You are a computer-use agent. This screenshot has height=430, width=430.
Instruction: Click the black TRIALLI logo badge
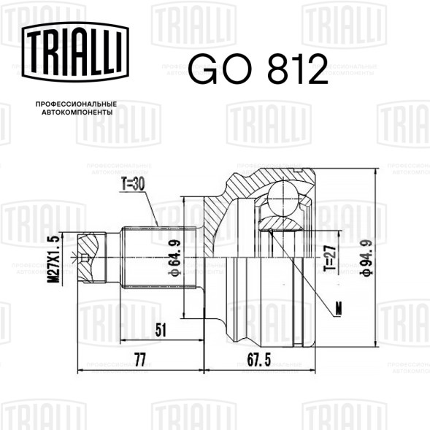coord(75,51)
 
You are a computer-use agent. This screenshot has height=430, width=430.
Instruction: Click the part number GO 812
coord(258,69)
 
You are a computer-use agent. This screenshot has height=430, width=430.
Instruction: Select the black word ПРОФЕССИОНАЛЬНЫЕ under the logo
coord(76,104)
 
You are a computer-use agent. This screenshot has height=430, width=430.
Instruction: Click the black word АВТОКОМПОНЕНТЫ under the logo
coord(77,112)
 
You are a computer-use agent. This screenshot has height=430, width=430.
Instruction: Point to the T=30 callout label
coord(133,184)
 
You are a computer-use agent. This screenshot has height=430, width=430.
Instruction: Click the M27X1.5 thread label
coord(53,258)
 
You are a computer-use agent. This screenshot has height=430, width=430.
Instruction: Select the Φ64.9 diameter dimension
coord(175,258)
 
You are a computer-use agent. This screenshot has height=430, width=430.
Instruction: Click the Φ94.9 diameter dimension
coord(367,258)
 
